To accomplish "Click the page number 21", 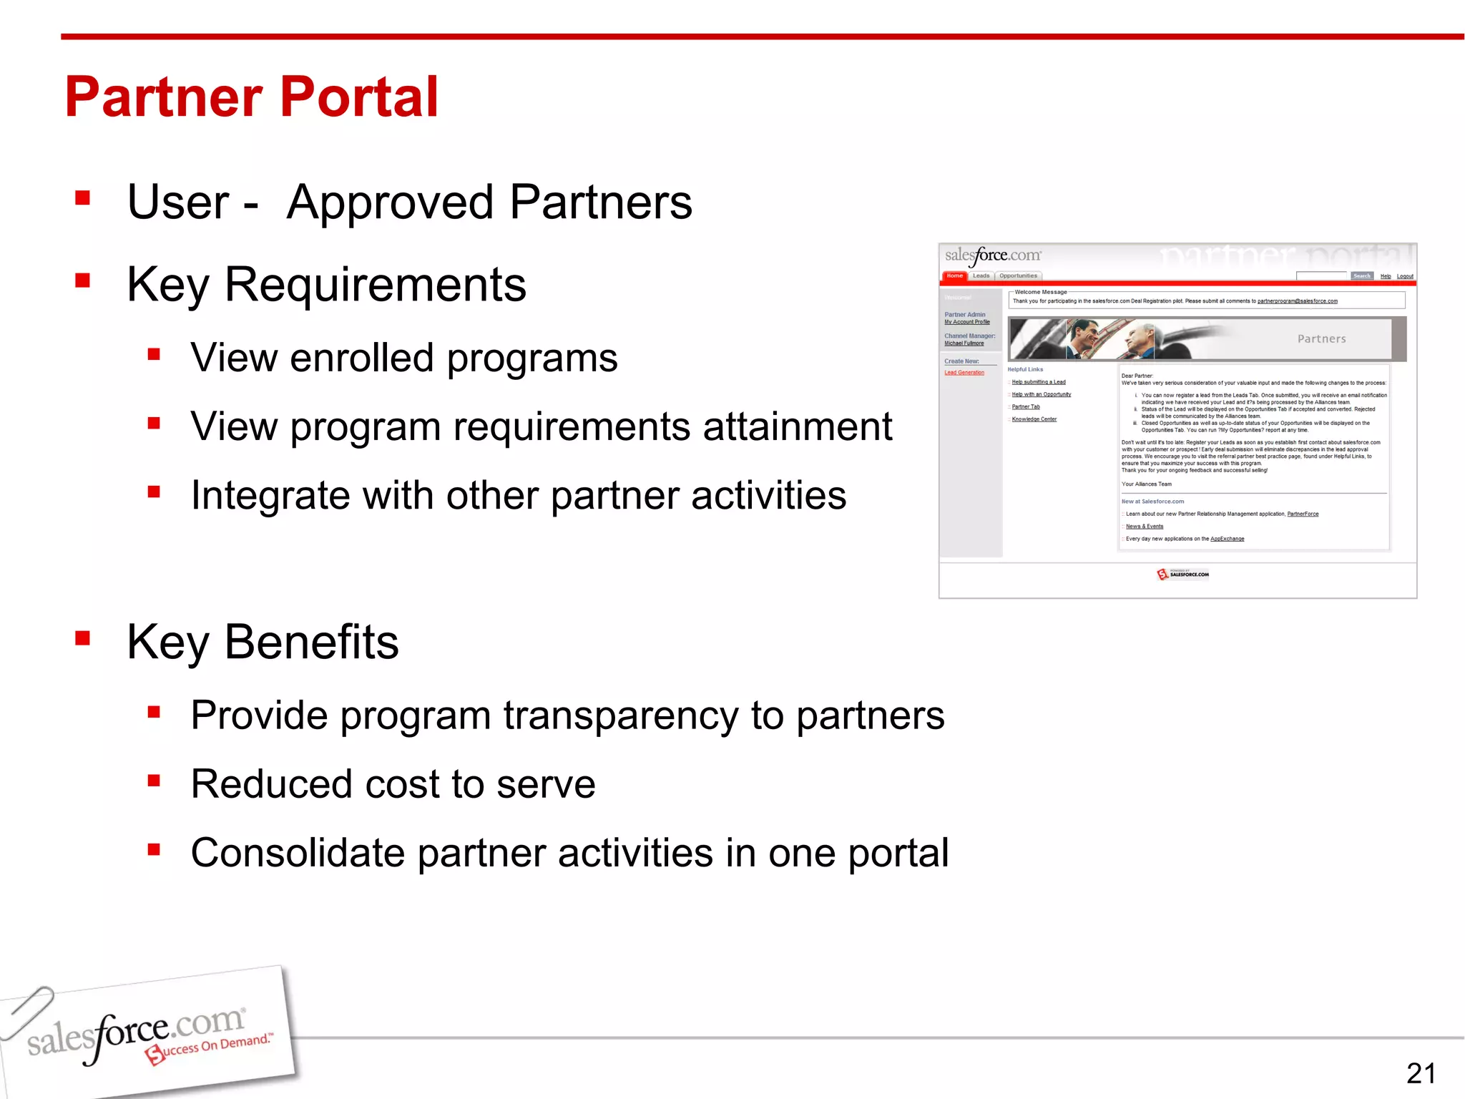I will pos(1421,1073).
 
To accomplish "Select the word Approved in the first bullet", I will pos(390,202).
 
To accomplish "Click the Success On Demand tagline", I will pos(211,1047).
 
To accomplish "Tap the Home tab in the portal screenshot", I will pos(955,276).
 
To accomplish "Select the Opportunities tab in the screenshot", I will pos(1018,276).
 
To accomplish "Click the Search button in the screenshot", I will pos(1361,276).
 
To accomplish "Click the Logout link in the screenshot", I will pos(1405,277).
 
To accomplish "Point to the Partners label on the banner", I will pos(1321,339).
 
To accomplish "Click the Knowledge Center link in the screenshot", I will pos(1034,419).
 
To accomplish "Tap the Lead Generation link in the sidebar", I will pos(964,373).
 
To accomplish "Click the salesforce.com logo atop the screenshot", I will pos(993,256).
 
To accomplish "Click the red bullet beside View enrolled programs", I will pos(154,354).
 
